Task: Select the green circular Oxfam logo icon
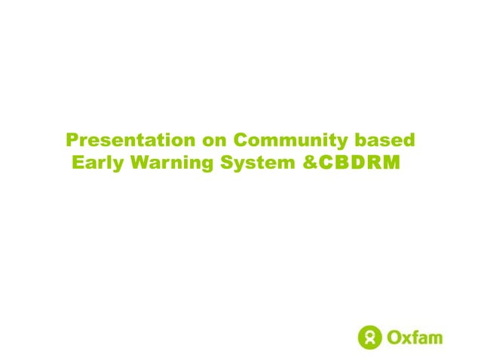click(x=370, y=336)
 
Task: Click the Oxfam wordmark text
click(x=415, y=336)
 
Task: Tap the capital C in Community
click(x=240, y=141)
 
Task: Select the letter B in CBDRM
click(x=338, y=162)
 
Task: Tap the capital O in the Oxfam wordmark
click(x=394, y=336)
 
